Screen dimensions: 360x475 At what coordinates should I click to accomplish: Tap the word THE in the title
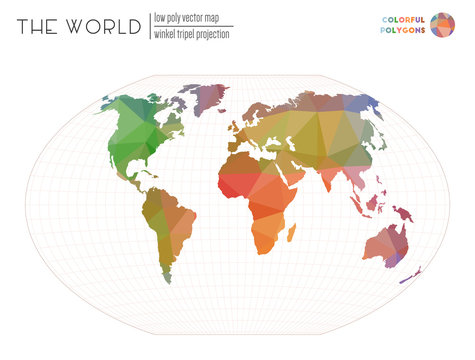click(37, 27)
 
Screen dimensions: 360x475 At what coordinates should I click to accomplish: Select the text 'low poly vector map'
click(192, 17)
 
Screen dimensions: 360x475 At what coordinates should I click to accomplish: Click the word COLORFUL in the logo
click(404, 18)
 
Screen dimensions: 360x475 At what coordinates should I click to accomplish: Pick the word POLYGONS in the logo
click(405, 30)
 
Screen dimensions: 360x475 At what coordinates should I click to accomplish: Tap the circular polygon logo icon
click(442, 23)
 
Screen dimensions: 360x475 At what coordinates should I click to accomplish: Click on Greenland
click(207, 96)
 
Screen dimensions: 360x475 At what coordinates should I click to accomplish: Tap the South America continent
click(166, 225)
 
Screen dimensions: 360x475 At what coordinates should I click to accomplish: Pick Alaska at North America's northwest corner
click(112, 103)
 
